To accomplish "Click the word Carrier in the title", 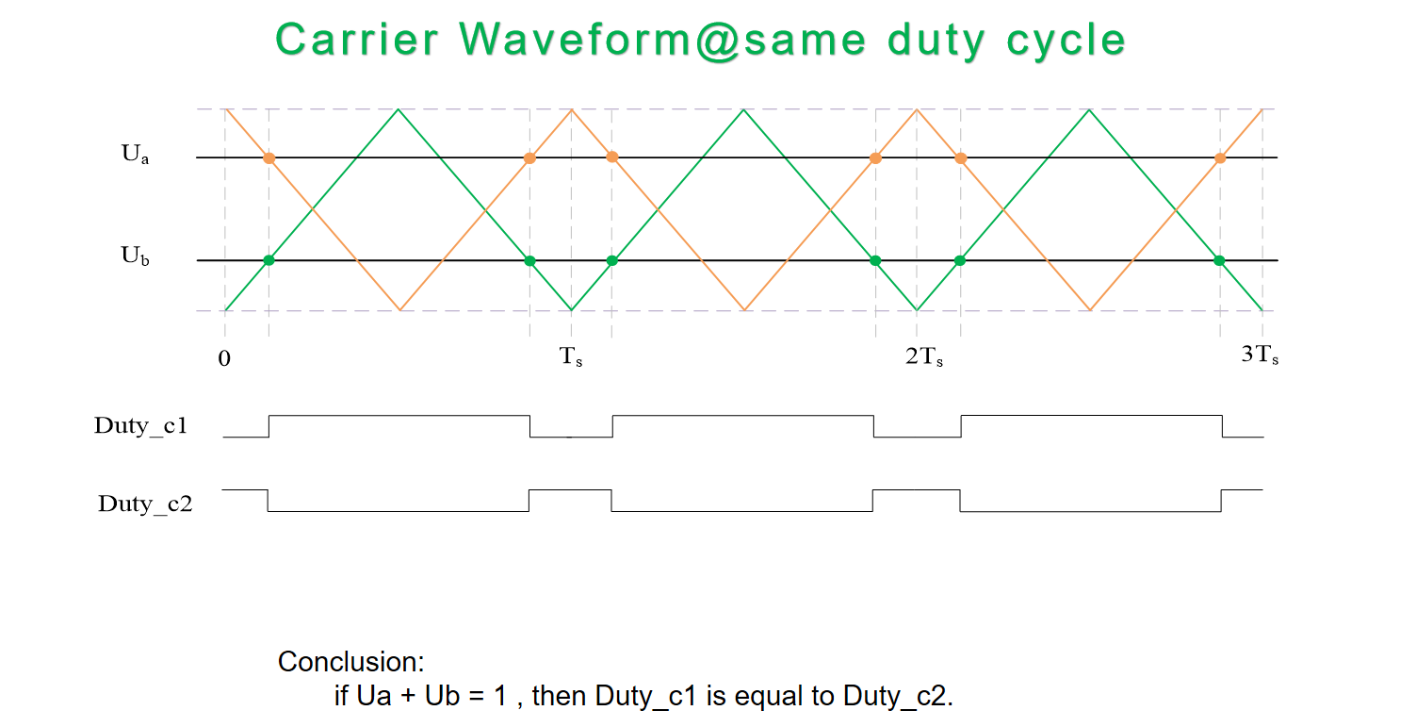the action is pos(357,40).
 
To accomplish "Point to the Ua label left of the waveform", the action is pos(135,156).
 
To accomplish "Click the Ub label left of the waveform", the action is pos(135,256).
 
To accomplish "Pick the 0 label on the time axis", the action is pos(224,359).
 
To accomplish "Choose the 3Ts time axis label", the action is pos(1260,356).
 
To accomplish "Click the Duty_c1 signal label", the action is pos(141,425).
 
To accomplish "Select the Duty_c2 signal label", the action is pos(145,504).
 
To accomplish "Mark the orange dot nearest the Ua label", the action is pos(269,158).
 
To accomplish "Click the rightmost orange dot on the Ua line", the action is pos(1220,158).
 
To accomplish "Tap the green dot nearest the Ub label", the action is pos(269,260).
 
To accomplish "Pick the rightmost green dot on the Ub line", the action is pos(1219,260).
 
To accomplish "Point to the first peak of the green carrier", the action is pos(399,110).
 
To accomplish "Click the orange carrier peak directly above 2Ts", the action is pos(917,110).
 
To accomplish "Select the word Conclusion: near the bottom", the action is pos(351,662).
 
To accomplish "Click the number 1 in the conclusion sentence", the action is pos(501,697).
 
